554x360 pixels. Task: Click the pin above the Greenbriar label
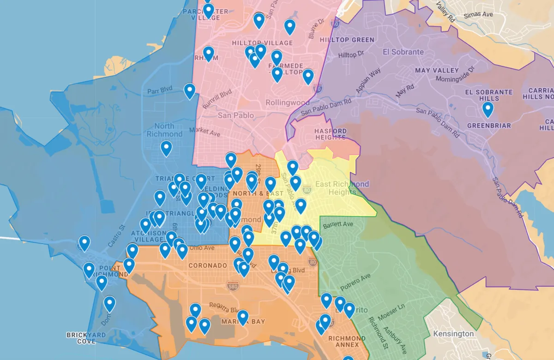click(x=488, y=110)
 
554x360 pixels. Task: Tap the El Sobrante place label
click(x=403, y=52)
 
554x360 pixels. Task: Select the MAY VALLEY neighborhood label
click(x=437, y=71)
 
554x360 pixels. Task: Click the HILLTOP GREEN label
click(x=347, y=40)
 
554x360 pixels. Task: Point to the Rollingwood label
click(x=287, y=102)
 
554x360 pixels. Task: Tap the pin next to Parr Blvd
click(x=189, y=91)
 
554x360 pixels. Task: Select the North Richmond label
click(x=164, y=130)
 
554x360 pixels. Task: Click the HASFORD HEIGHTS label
click(x=330, y=134)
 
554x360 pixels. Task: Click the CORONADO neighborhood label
click(x=208, y=266)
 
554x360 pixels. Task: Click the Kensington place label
click(x=453, y=334)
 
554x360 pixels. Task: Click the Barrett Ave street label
click(x=338, y=225)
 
